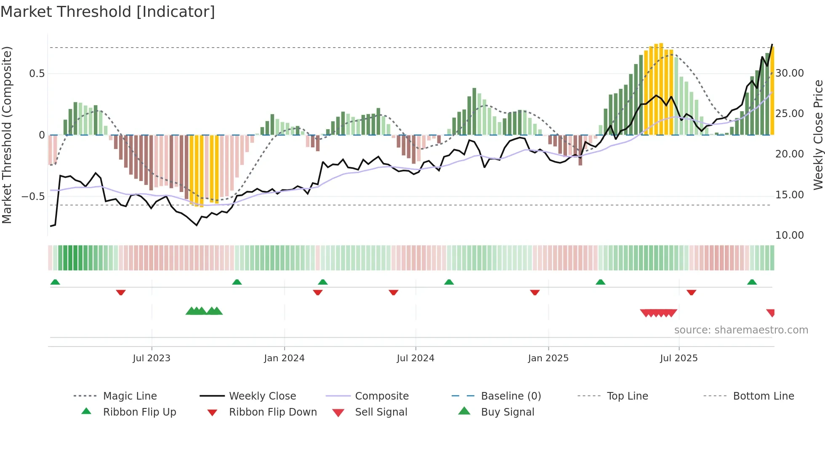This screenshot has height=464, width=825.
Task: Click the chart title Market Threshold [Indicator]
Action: pos(108,12)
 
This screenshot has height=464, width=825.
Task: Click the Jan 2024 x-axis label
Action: pos(284,358)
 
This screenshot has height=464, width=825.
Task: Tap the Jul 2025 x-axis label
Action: pos(679,358)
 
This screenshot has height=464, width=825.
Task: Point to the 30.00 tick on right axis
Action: pos(790,73)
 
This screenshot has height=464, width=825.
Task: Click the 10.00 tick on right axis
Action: pos(790,235)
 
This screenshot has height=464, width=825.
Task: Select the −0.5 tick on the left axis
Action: pos(33,197)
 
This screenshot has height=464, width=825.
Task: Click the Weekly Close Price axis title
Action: pos(818,135)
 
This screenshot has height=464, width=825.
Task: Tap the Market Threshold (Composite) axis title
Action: pos(7,135)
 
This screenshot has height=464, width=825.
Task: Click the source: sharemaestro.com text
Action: pos(741,330)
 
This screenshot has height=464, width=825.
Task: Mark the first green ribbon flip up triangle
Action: pos(55,282)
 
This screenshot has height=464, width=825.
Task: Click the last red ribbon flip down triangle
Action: pos(691,292)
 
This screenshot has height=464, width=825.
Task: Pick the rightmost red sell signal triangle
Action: pos(771,313)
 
